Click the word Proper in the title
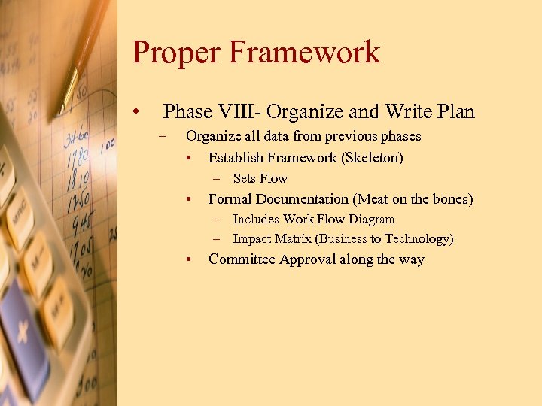coord(176,53)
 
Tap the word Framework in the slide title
coord(306,53)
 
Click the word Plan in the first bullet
coord(454,112)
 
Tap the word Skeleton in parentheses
coord(373,158)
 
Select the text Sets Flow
coord(260,179)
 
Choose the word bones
coord(449,199)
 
